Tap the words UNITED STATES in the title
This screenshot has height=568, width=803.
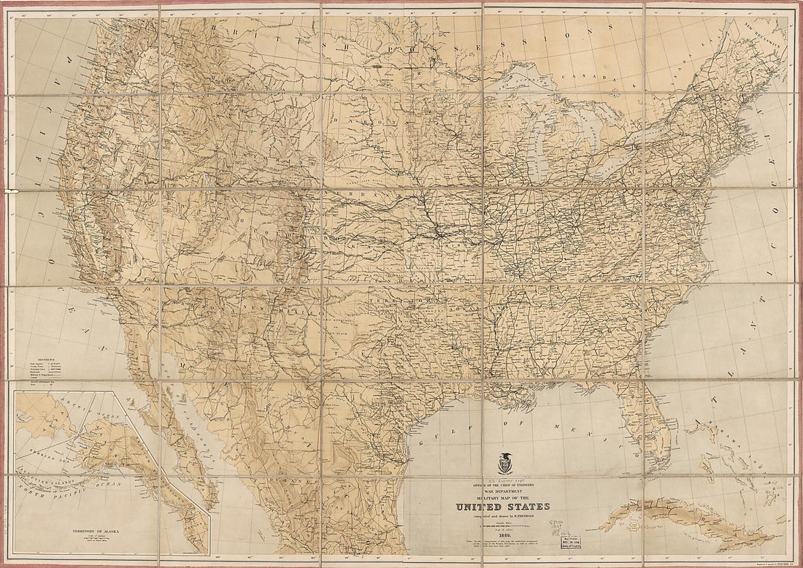pos(504,507)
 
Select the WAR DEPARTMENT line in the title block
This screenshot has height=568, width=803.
pos(504,491)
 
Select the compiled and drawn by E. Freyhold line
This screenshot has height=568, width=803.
pos(504,518)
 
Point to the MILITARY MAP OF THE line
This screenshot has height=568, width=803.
pos(504,498)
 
